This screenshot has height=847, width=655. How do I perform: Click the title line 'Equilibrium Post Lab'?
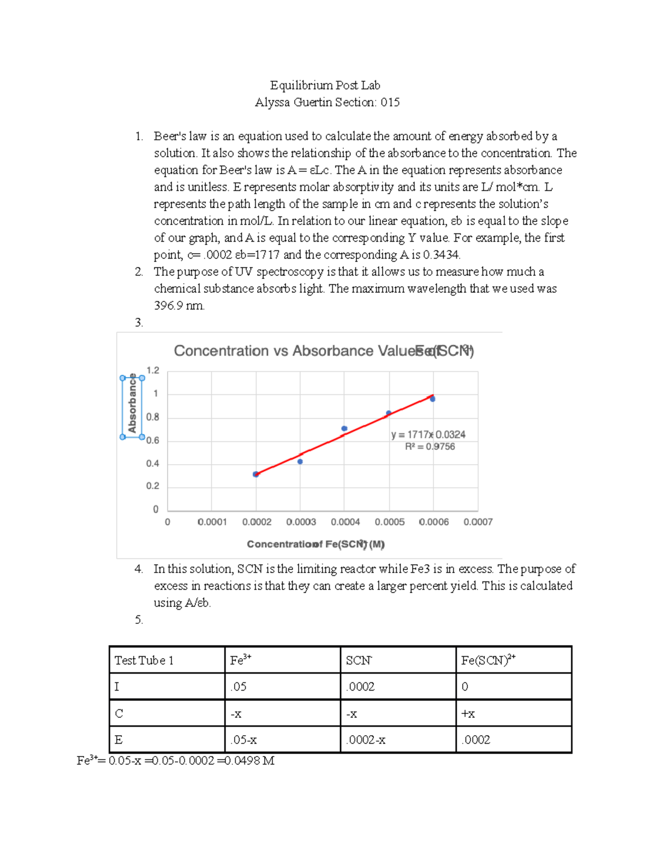(x=325, y=85)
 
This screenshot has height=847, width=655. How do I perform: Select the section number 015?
(x=390, y=103)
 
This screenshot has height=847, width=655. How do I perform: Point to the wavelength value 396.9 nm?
(x=179, y=305)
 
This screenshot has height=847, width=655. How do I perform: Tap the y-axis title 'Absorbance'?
(x=132, y=406)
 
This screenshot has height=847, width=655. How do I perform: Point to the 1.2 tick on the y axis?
(x=153, y=370)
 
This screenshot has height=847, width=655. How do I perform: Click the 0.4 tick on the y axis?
(x=153, y=464)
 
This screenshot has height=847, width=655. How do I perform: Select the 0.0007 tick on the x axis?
(x=478, y=522)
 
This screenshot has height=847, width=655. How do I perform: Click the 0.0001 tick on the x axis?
(x=212, y=522)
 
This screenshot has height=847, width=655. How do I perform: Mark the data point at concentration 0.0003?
(x=300, y=461)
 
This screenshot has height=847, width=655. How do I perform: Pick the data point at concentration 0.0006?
(x=433, y=399)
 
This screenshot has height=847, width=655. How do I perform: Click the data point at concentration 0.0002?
(x=255, y=474)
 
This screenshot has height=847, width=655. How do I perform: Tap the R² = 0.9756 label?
(x=430, y=447)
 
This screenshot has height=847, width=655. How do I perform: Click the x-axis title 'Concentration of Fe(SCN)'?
(x=315, y=544)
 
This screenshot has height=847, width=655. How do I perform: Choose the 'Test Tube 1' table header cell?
(x=144, y=660)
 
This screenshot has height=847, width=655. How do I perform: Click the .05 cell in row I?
(x=239, y=687)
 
